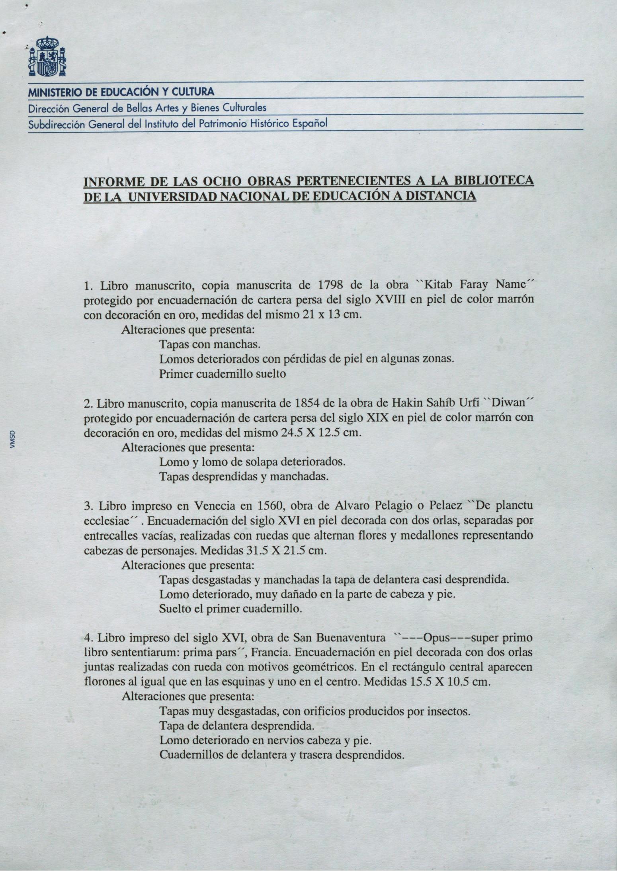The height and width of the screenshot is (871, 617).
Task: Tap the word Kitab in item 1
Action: pyautogui.click(x=438, y=285)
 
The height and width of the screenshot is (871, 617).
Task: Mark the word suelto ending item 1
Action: pyautogui.click(x=271, y=374)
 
